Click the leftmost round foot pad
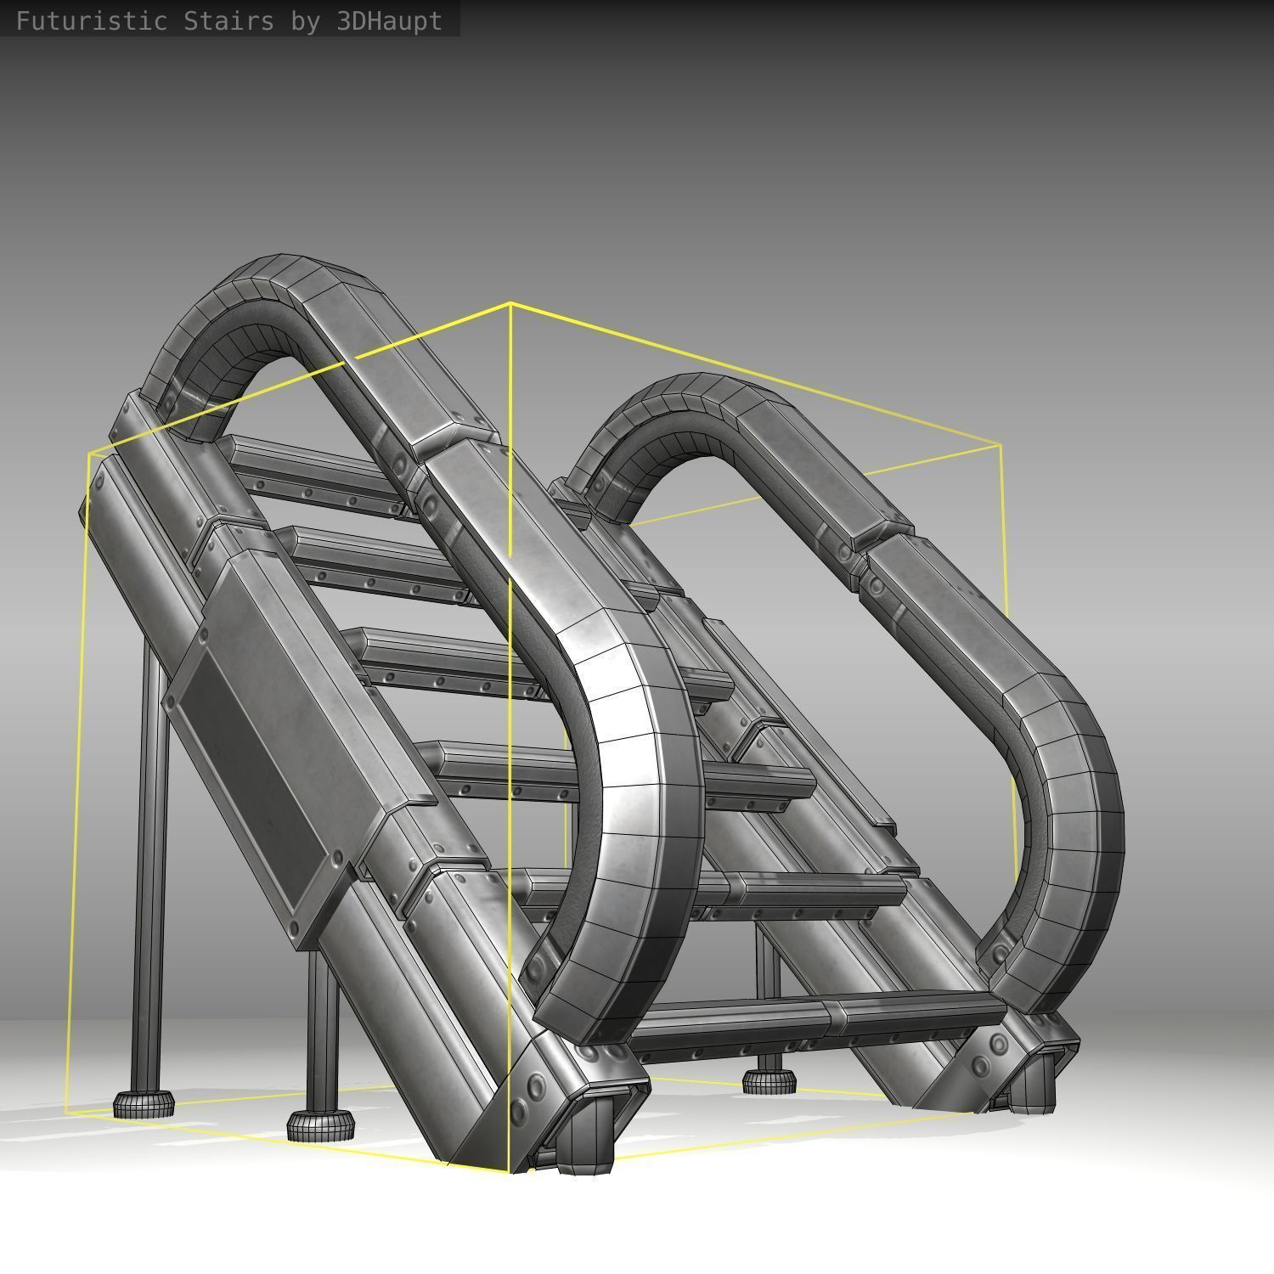click(x=144, y=1104)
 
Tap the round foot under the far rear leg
click(x=769, y=1081)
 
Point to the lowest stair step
click(x=815, y=1015)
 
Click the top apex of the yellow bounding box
click(x=510, y=303)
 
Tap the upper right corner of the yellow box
click(x=1001, y=444)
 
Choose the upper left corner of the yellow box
click(x=89, y=454)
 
